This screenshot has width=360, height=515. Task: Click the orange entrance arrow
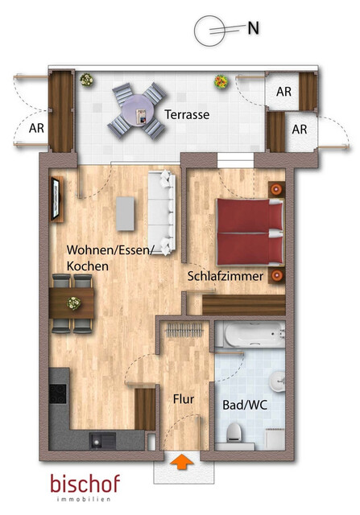click(183, 461)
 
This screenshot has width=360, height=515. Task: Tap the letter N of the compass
click(253, 27)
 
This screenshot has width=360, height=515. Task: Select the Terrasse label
click(187, 115)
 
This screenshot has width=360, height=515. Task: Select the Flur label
click(184, 398)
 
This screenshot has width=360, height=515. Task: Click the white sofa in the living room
click(161, 212)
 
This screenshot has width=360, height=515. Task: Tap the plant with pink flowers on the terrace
click(219, 82)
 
